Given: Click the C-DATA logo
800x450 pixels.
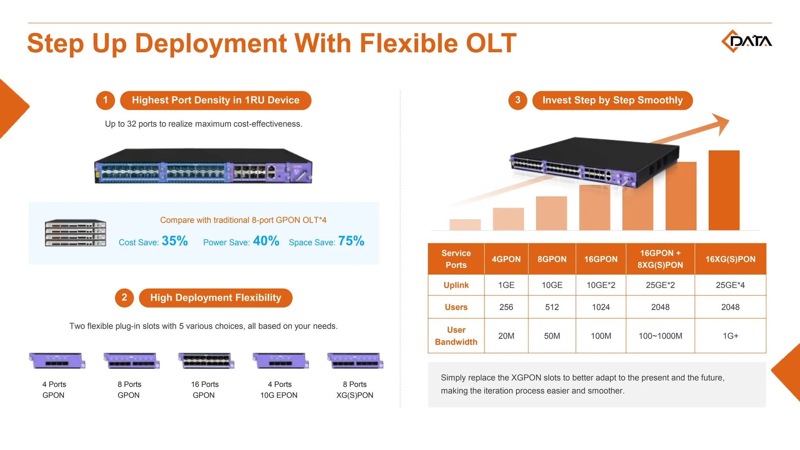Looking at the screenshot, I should tap(746, 41).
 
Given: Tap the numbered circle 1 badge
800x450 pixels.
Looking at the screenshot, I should tap(105, 100).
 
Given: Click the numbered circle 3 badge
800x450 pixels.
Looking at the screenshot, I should tap(518, 100).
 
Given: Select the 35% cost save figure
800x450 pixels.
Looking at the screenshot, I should tap(175, 241).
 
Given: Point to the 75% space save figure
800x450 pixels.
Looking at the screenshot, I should tap(351, 241).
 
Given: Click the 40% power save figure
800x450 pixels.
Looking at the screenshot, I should tap(266, 241).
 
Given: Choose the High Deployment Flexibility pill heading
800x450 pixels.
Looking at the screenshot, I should tap(216, 298).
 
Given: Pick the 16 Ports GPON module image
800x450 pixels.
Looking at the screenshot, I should tap(206, 361).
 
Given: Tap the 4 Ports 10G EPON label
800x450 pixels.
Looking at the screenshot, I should tap(279, 390).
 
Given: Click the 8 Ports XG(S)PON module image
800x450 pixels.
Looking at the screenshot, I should tap(355, 361).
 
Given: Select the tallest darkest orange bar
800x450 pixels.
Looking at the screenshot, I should tap(724, 190).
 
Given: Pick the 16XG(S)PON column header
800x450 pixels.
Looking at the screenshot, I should tap(730, 259).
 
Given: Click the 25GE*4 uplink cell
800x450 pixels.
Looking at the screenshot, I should tap(730, 285).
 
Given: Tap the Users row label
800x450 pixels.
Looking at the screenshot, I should tap(456, 307).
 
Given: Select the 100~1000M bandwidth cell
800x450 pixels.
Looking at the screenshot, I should tap(660, 336).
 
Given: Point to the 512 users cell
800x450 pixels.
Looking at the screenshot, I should tap(552, 307).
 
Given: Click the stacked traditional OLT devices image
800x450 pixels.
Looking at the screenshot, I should tap(75, 233).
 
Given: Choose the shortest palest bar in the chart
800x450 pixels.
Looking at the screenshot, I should tap(465, 225).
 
